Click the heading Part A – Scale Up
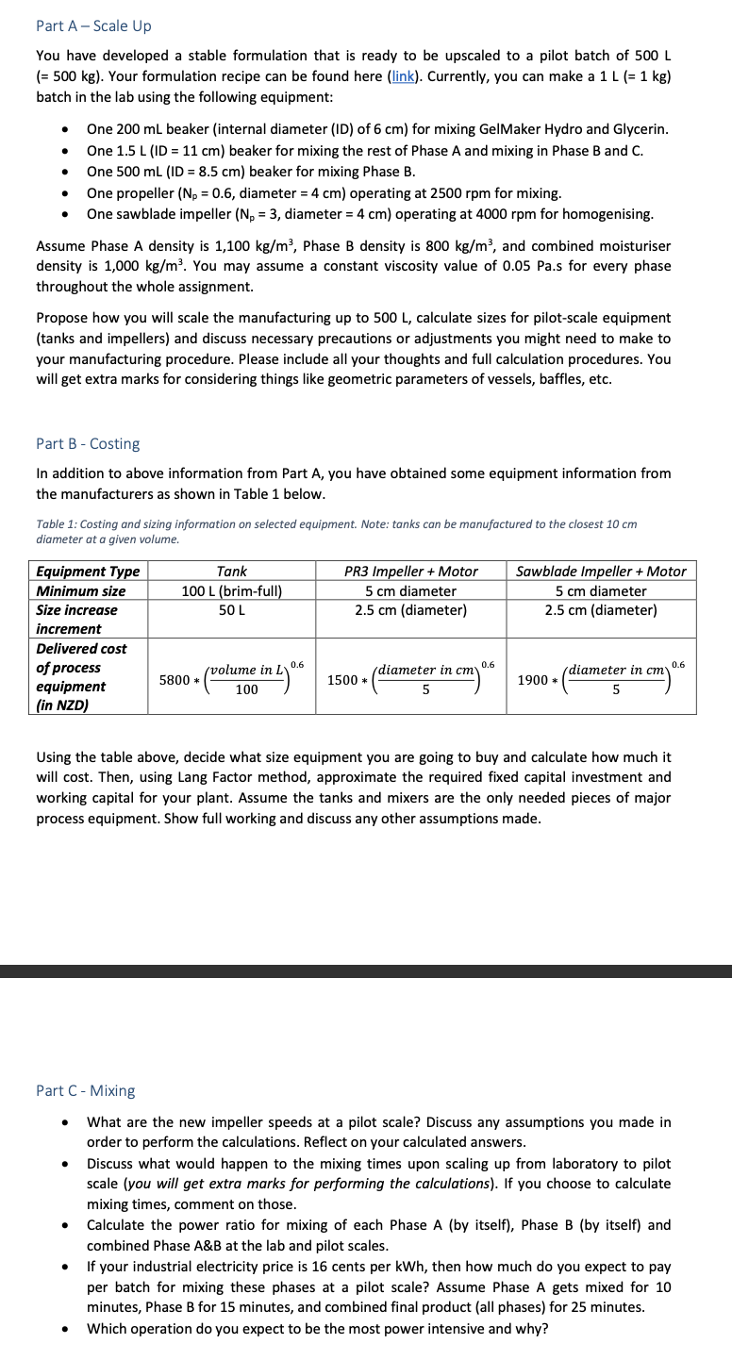(x=93, y=25)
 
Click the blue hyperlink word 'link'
(x=404, y=76)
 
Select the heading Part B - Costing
(x=88, y=443)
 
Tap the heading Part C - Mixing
(x=85, y=1090)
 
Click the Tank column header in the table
(x=231, y=571)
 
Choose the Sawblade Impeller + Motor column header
(x=601, y=571)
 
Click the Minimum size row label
(x=80, y=590)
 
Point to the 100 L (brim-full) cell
(x=231, y=590)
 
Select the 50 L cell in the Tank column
(x=231, y=610)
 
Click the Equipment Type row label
(x=87, y=571)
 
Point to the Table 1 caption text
(x=336, y=531)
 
